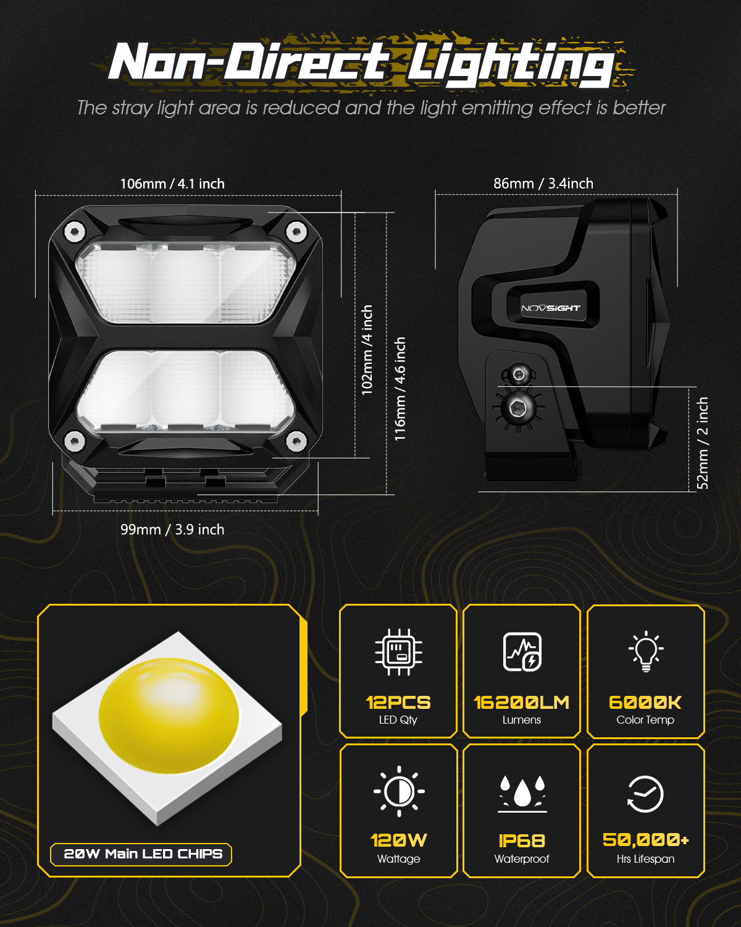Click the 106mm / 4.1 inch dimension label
tap(172, 184)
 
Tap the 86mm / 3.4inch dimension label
tap(543, 184)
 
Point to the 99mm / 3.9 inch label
tap(172, 530)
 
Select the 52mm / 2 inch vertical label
tap(703, 443)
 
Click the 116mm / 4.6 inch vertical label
tap(400, 389)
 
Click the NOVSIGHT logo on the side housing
tap(551, 308)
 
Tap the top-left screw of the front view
tap(75, 232)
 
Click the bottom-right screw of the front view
tap(296, 441)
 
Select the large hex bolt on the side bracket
tap(517, 407)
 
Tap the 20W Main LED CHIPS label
tap(143, 854)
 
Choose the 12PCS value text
tap(398, 703)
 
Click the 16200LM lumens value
tap(522, 703)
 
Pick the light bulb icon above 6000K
tap(646, 651)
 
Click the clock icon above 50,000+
tap(645, 794)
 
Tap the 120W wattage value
tap(399, 840)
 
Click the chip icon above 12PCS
tap(399, 651)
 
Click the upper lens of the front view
tap(185, 283)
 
